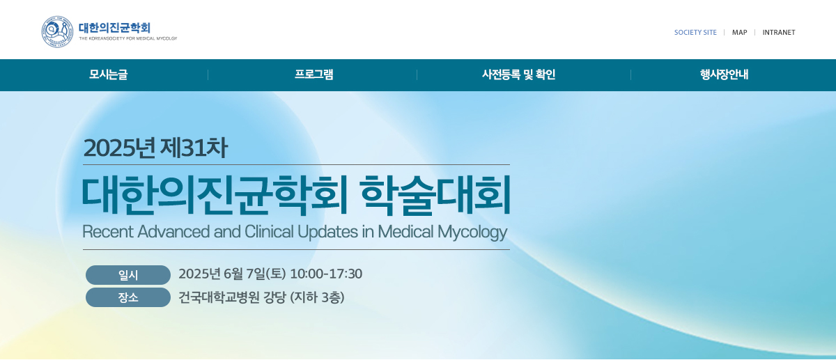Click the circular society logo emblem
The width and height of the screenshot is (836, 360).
tap(57, 32)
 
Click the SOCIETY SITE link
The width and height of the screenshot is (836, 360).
tap(695, 33)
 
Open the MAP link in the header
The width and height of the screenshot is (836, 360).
tap(739, 33)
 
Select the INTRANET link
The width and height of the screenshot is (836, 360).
tap(779, 33)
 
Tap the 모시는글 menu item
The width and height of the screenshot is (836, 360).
tap(108, 75)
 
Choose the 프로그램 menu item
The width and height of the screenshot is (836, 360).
tap(314, 75)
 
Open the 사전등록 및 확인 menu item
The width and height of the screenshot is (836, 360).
tap(519, 75)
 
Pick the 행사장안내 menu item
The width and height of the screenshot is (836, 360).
tap(724, 75)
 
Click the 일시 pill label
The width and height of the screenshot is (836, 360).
tap(128, 275)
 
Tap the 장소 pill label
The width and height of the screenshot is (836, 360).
tap(128, 297)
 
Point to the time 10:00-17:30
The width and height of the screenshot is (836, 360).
tap(326, 274)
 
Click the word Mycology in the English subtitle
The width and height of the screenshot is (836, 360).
tap(472, 232)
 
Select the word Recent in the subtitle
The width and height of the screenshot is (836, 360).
tap(107, 232)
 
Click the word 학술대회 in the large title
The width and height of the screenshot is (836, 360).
tap(435, 195)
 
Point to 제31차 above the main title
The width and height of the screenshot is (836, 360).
tap(194, 148)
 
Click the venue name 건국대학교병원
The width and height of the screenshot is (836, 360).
tap(219, 297)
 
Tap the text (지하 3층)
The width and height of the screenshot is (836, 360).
tap(317, 297)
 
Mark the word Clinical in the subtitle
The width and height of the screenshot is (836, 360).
tap(269, 232)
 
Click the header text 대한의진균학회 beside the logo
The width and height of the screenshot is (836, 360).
tap(114, 28)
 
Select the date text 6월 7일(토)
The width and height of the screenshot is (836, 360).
tap(254, 274)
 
